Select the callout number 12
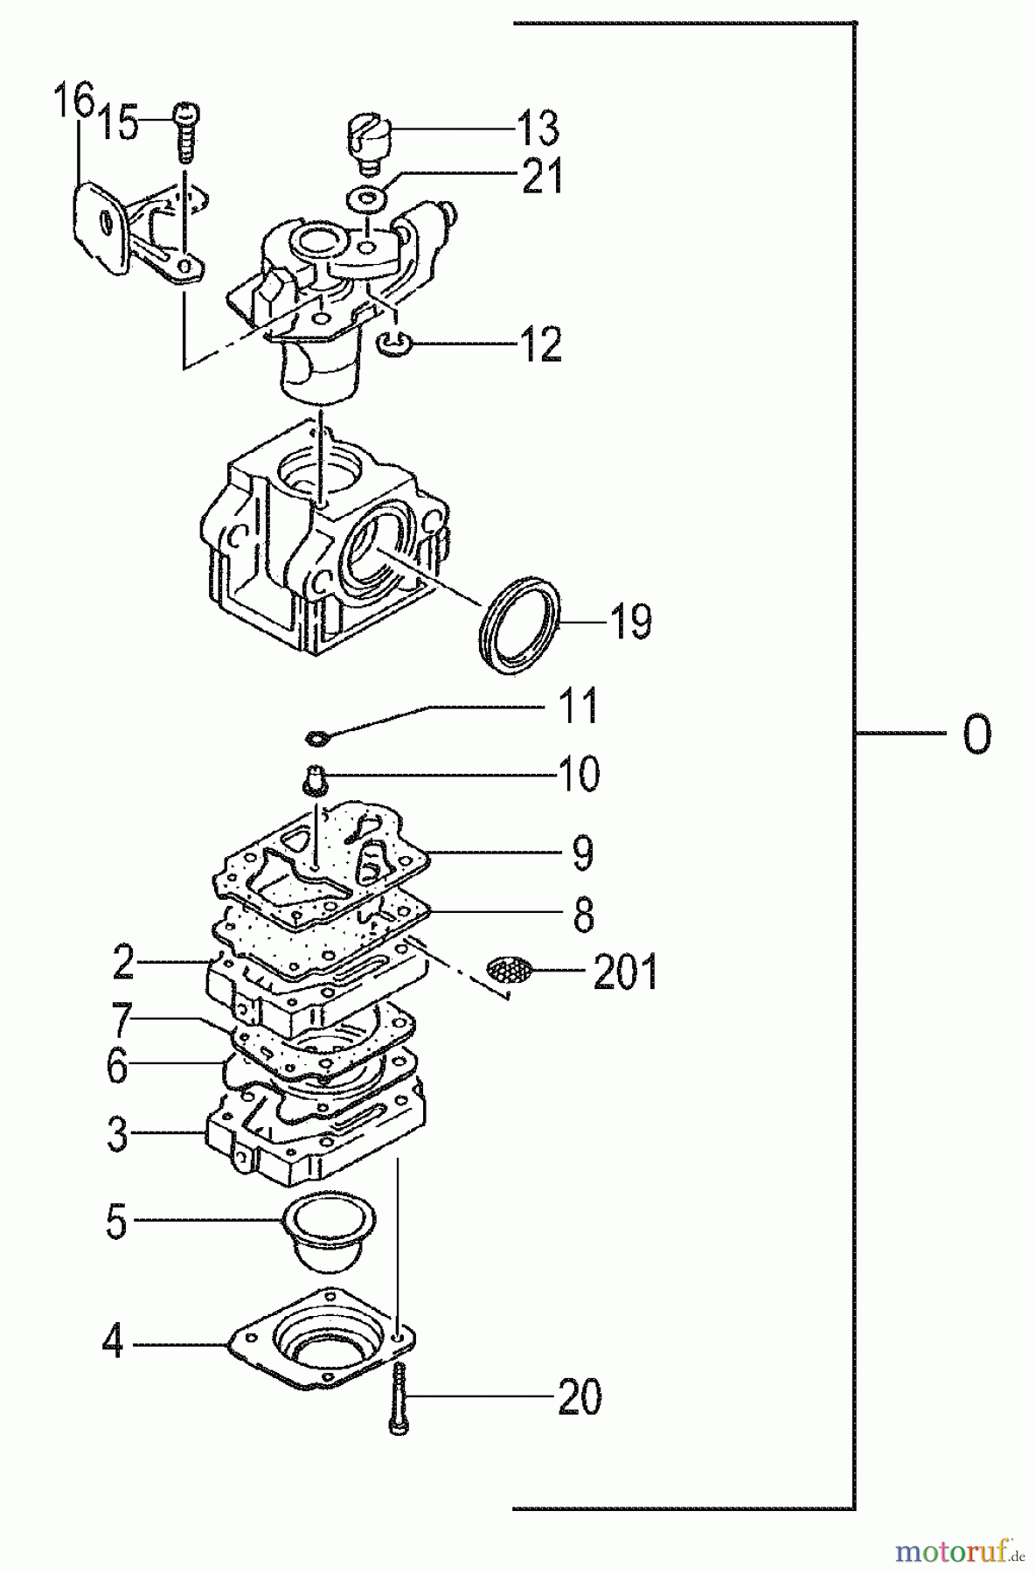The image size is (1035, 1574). tap(540, 345)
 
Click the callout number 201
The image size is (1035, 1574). tap(624, 972)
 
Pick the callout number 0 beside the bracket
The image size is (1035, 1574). tap(976, 735)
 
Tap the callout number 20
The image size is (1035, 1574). tap(580, 1396)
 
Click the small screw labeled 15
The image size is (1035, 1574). tap(186, 131)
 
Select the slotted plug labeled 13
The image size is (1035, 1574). tap(365, 137)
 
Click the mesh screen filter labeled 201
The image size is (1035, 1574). tap(509, 969)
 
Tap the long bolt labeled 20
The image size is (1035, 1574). tap(398, 1395)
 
